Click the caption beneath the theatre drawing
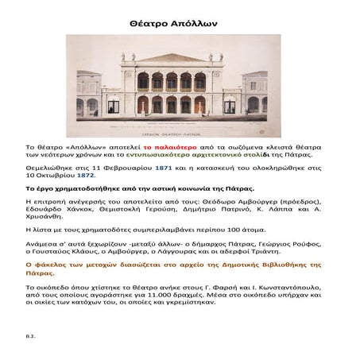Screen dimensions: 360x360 click(x=180, y=136)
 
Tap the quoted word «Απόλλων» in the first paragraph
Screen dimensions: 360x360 click(x=87, y=148)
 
